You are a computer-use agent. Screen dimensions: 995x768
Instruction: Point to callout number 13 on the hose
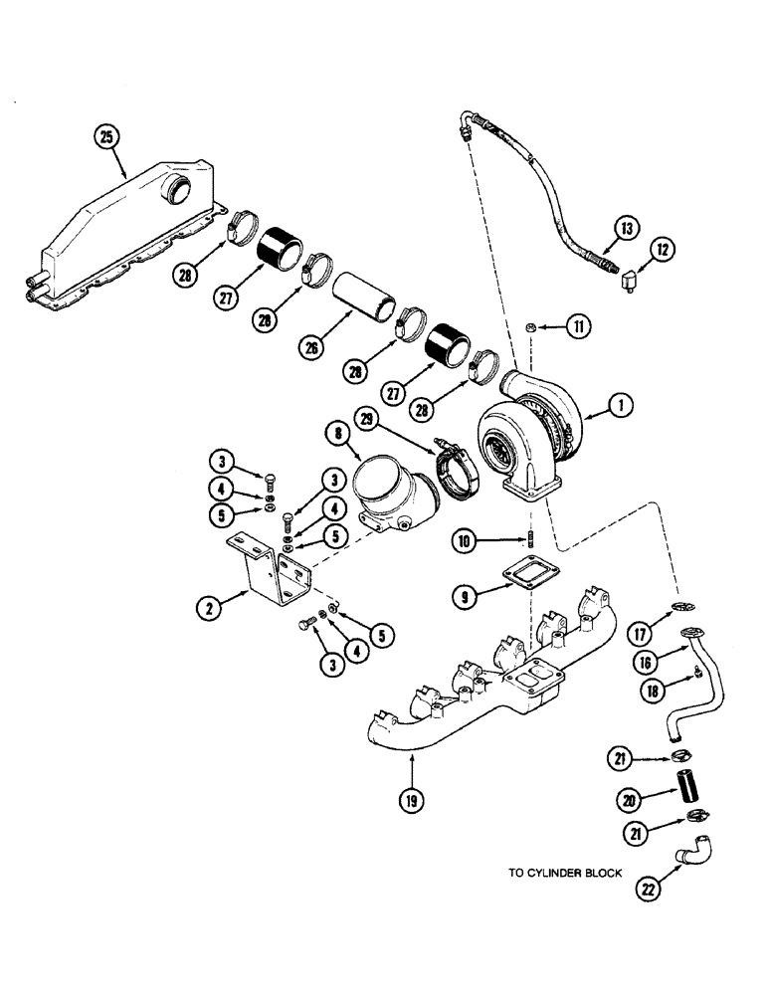[x=627, y=229]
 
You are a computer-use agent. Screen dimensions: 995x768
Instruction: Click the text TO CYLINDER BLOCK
[x=565, y=873]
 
